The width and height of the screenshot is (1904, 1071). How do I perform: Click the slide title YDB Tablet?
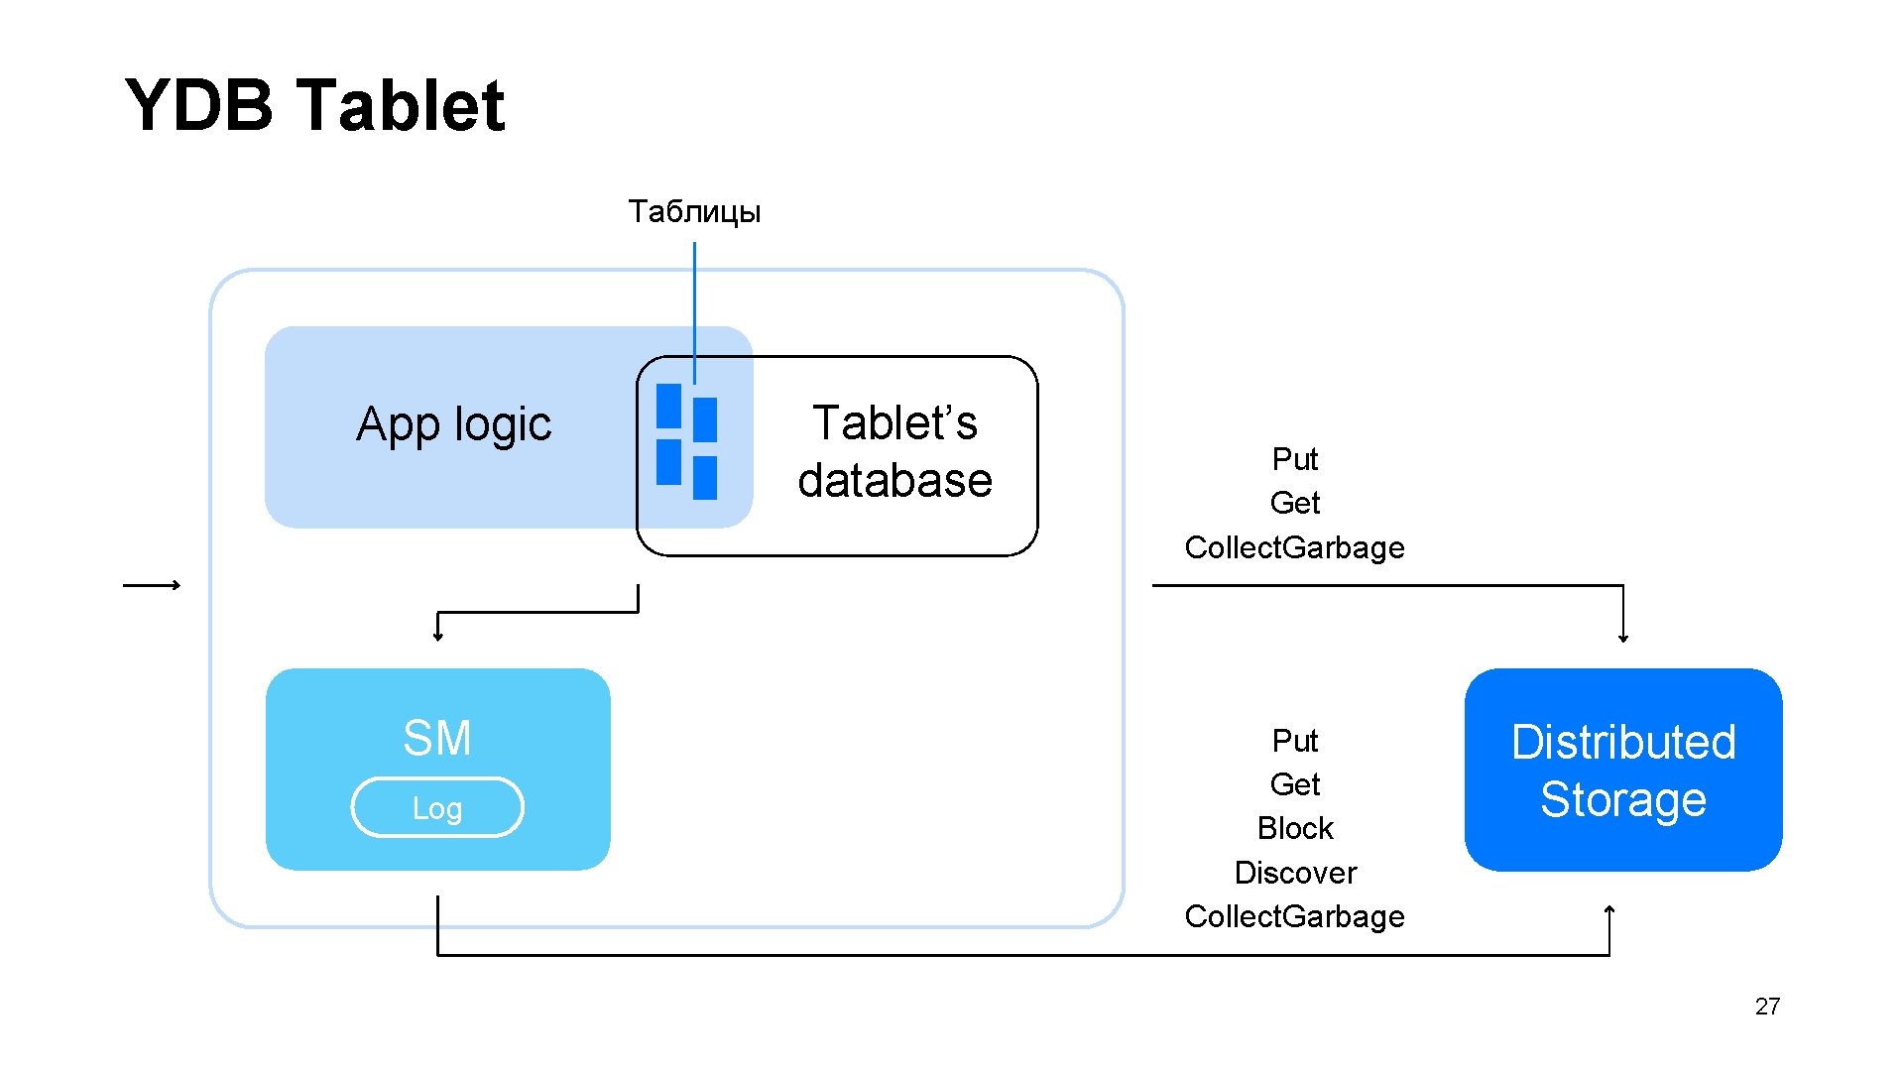point(314,105)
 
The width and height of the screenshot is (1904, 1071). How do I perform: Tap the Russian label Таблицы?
point(694,211)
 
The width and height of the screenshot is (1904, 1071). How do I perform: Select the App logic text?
point(453,424)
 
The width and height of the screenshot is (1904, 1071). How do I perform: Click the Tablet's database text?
point(894,451)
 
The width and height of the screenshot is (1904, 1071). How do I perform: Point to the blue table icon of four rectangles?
point(686,441)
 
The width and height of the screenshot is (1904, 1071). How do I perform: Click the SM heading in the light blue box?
point(436,738)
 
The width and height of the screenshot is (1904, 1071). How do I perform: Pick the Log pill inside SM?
point(437,808)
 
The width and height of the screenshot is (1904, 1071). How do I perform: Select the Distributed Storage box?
point(1622,771)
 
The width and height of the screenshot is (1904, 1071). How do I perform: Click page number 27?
point(1767,1007)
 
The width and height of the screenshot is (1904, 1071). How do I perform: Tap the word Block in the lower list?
point(1294,828)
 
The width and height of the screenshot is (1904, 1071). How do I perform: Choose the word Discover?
point(1294,873)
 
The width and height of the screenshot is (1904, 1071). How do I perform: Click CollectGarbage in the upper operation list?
point(1294,547)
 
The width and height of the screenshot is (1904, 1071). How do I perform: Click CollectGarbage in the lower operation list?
point(1294,916)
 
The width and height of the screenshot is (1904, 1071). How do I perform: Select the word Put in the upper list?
point(1294,459)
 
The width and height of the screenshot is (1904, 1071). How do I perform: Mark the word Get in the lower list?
point(1294,784)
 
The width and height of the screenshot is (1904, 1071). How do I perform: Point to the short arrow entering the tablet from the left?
point(152,585)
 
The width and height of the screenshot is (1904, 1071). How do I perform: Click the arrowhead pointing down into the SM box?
point(438,637)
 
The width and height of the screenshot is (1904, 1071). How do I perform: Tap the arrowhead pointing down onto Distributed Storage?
point(1623,638)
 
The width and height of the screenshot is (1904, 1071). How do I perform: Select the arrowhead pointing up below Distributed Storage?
point(1609,909)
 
